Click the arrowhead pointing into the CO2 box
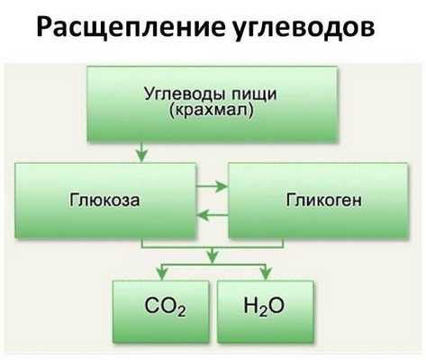point(161,272)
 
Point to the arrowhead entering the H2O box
point(265,272)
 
